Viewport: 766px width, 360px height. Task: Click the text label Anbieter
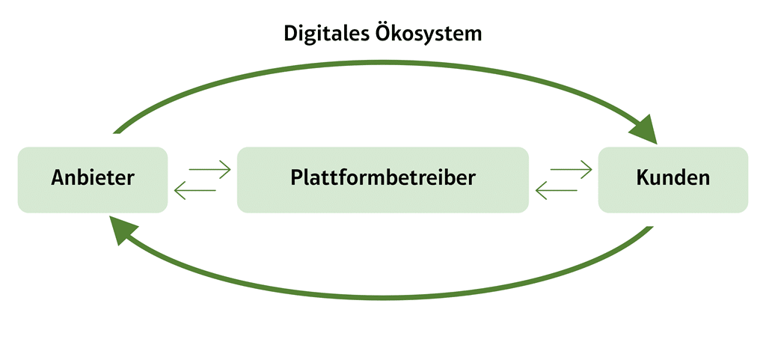pos(93,178)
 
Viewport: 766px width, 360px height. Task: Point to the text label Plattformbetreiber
pos(382,179)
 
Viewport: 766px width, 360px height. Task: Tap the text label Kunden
pos(672,178)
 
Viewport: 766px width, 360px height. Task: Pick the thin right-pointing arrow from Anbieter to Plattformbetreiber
pos(210,170)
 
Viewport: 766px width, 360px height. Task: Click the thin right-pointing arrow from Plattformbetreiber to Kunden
pos(572,170)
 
